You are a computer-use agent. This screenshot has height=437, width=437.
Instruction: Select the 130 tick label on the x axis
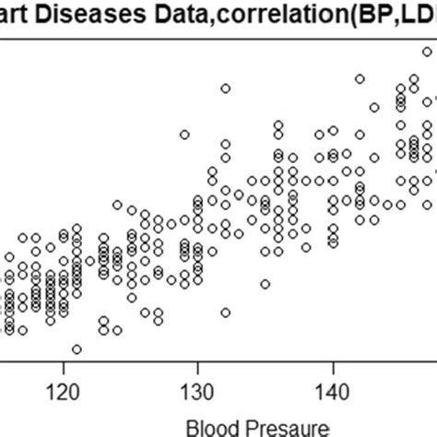pyautogui.click(x=197, y=393)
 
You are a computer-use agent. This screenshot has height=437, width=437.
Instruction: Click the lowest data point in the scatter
pyautogui.click(x=77, y=349)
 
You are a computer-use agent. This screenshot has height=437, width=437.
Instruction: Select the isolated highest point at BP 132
pyautogui.click(x=225, y=89)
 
